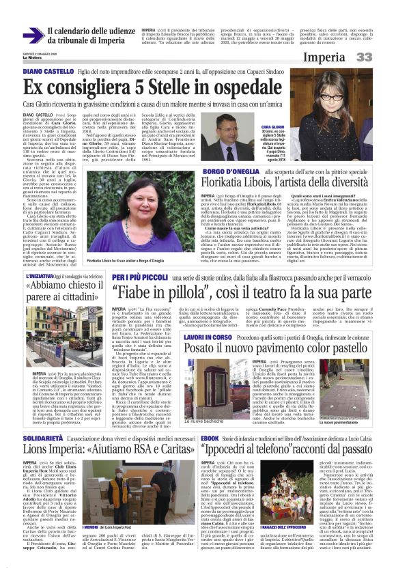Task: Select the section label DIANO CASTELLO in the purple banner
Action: [x=44, y=71]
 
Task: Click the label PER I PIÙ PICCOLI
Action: [x=129, y=277]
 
